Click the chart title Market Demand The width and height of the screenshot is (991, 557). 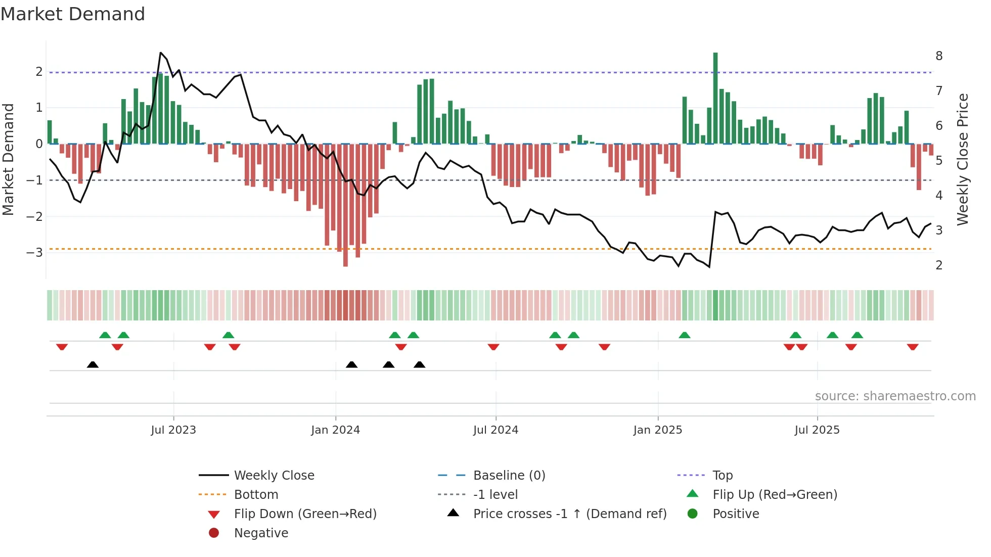pos(73,14)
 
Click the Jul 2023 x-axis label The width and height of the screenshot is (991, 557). pos(173,430)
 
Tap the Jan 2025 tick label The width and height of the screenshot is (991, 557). pos(657,430)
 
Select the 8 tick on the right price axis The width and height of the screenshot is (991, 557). pos(939,56)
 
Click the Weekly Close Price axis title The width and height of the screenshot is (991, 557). pos(963,159)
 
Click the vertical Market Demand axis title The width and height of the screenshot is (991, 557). pos(9,159)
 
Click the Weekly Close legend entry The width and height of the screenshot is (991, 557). pos(274,476)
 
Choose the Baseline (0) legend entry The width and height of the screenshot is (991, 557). pos(509,476)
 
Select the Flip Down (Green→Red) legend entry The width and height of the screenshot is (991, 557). pos(305,514)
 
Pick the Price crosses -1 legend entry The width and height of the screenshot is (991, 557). pos(569,514)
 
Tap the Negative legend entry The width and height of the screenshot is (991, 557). pos(261,533)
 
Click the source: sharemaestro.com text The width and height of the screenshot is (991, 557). pos(895,396)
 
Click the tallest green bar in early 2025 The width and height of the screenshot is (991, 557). pos(715,99)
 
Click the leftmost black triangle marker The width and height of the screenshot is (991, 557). pos(93,364)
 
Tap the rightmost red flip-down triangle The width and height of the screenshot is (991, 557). pos(913,347)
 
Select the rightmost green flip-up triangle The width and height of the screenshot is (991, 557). pos(857,335)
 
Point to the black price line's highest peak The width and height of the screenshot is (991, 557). pos(161,53)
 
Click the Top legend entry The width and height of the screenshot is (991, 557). pos(722,476)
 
